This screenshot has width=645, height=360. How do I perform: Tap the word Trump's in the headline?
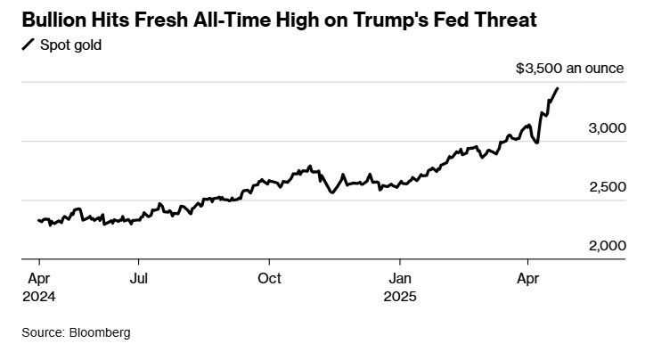pos(421,20)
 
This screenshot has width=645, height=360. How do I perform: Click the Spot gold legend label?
pos(69,45)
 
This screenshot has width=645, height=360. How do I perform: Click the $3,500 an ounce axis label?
pos(575,69)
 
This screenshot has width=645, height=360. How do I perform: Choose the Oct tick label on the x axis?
pos(269,278)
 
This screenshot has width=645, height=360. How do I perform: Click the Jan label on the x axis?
pos(400,278)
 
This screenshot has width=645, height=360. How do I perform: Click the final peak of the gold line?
pos(558,88)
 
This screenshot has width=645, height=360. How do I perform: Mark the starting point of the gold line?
pos(37,220)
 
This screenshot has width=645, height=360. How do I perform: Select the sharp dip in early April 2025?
pos(537,143)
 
